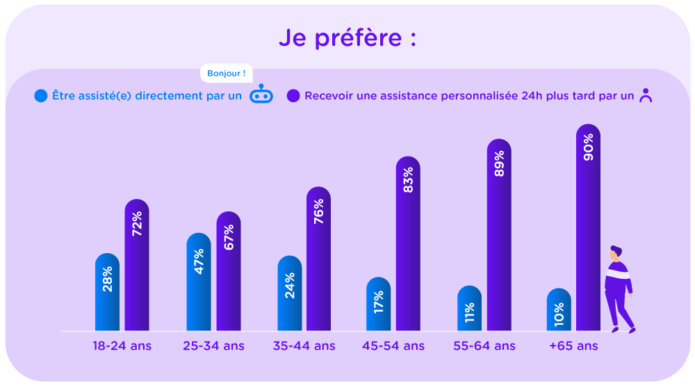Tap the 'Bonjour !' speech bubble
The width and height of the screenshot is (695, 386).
pos(226,73)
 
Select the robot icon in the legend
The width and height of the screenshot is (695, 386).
pos(261,95)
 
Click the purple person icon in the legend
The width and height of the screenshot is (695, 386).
pos(646,96)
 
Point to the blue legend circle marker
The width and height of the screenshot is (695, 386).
pos(41,96)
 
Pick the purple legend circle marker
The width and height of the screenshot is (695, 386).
pos(293,96)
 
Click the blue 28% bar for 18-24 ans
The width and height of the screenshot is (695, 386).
pos(107,292)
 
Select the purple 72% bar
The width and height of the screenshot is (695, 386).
pos(137,264)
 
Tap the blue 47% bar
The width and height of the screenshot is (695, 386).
pos(199,282)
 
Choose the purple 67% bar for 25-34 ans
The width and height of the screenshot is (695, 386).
pos(229,271)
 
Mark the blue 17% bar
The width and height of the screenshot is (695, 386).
pos(379,304)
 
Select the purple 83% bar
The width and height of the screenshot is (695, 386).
pos(408,243)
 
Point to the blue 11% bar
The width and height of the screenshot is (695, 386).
pos(469,308)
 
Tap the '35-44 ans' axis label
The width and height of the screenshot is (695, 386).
pos(304,346)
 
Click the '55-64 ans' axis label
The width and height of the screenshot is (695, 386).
pos(484,346)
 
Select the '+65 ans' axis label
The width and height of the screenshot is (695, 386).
pos(573,346)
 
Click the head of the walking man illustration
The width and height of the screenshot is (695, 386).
pos(616,252)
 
